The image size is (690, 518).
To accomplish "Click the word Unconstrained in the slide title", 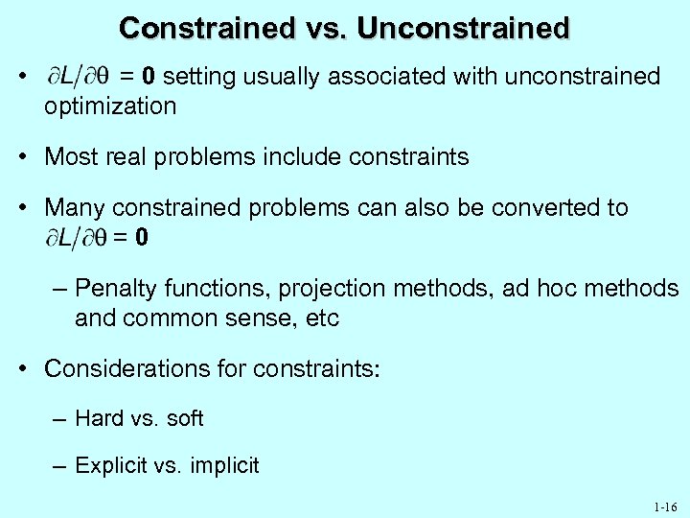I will pos(464,28).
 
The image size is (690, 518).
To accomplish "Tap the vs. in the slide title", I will pos(325,28).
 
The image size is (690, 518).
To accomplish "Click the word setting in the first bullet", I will pos(196,77).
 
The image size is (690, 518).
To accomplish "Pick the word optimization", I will pos(110,106).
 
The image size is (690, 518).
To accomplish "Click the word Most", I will pos(70,156).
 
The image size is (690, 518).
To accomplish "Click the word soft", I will pos(184,418).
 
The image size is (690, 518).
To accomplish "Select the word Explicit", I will pos(112,466).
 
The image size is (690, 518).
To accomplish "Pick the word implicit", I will pos(225,466).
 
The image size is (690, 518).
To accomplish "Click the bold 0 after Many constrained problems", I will pos(142,237).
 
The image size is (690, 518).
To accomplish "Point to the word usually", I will pos(278,77).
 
